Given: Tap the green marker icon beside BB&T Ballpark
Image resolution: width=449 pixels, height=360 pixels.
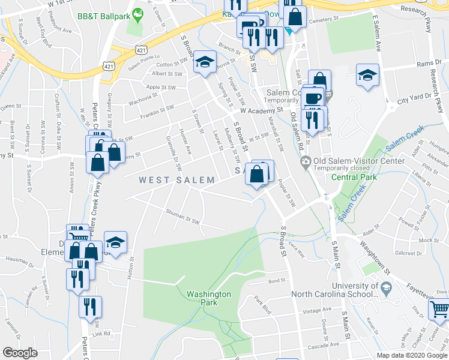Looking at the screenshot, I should (x=138, y=13).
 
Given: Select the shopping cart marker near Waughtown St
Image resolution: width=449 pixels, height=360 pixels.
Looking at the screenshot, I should (x=439, y=310).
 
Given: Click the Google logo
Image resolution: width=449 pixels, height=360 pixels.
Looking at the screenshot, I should (x=20, y=353).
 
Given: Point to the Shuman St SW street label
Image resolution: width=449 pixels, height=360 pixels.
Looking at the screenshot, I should (x=183, y=220).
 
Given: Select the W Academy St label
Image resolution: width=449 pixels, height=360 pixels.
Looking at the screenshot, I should (x=261, y=111).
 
